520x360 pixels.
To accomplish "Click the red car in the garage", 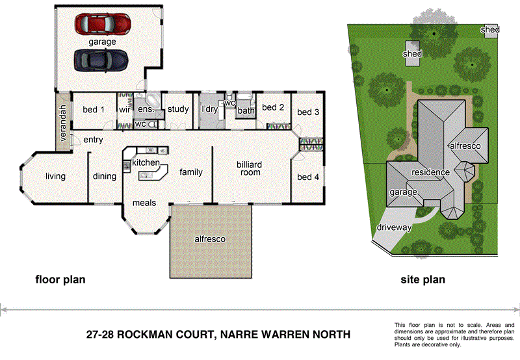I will (x=103, y=25).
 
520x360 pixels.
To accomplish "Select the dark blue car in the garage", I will (x=101, y=60).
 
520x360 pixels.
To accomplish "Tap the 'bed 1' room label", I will (x=94, y=110).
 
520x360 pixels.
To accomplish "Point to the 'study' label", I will (x=177, y=109).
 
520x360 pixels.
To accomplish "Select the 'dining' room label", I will (x=105, y=176).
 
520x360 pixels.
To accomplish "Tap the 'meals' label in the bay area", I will (x=144, y=203).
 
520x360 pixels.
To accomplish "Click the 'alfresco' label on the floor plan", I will (x=210, y=239).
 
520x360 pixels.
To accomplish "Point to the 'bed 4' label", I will (x=308, y=177).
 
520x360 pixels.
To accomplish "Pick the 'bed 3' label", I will (x=308, y=112).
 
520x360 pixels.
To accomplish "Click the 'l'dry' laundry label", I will (x=209, y=109).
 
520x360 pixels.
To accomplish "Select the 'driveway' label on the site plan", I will (x=395, y=227).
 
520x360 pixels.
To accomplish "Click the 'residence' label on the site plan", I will (x=430, y=172).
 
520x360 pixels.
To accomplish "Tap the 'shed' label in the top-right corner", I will (x=490, y=30).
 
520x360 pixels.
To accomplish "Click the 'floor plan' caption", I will (x=60, y=280).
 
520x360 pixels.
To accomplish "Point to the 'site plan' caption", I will (x=423, y=280).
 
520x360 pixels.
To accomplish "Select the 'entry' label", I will (x=94, y=140).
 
